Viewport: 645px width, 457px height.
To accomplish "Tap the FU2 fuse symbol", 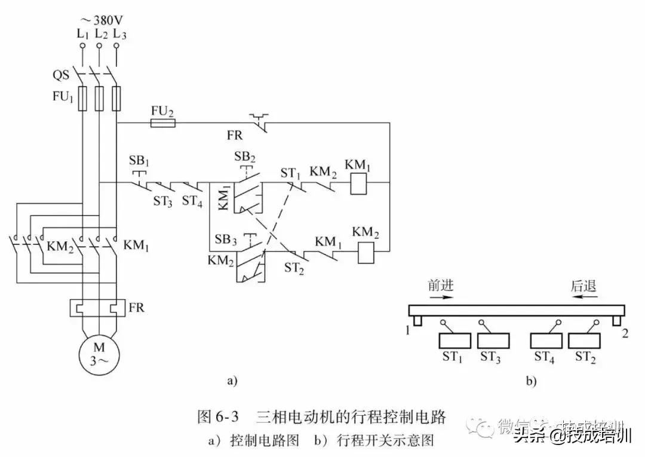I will coord(162,123).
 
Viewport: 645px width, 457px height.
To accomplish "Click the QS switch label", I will coord(61,76).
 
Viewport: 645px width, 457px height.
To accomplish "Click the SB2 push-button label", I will coord(244,157).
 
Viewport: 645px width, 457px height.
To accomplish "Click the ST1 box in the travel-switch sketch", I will coord(455,341).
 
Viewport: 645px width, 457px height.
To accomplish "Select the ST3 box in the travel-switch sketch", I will coord(494,341).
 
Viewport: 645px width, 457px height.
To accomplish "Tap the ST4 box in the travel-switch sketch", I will coord(546,341).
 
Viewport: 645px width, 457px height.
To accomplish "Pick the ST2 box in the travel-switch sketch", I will coord(585,341).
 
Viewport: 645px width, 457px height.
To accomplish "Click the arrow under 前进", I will coord(441,296).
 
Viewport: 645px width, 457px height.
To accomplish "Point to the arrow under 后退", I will coord(582,296).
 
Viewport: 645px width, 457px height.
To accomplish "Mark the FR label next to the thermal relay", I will coord(137,308).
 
